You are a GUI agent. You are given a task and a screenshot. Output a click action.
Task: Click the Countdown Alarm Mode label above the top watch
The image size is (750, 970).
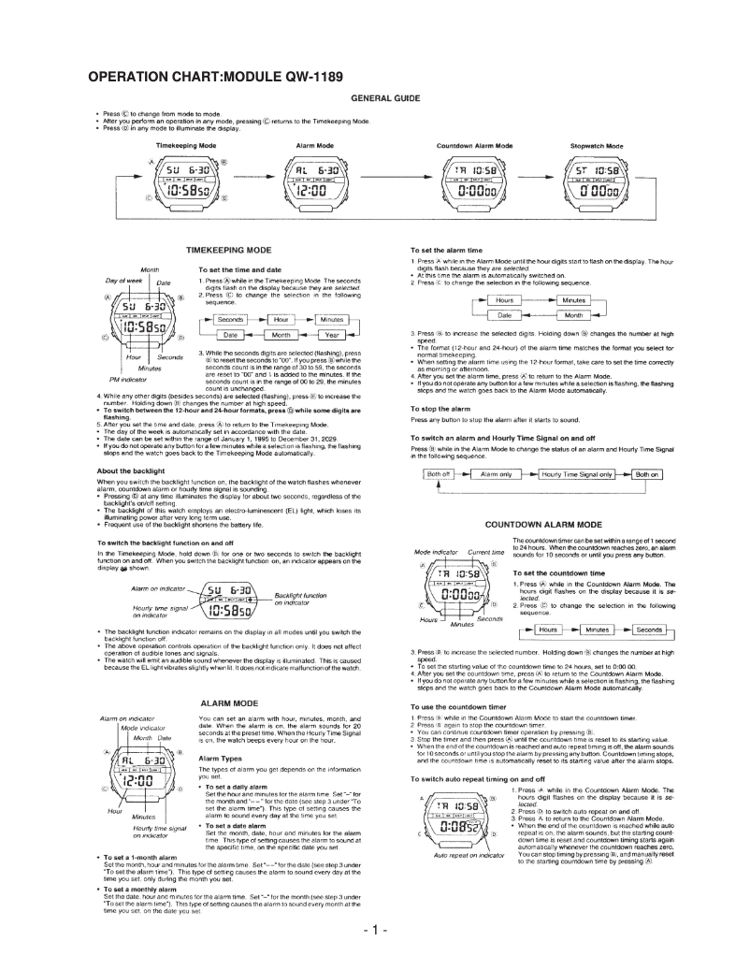[474, 147]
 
